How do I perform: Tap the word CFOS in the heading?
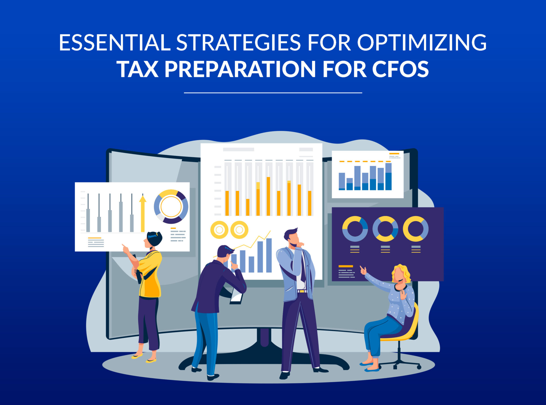point(400,69)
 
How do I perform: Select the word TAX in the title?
point(137,69)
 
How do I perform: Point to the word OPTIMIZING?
point(422,42)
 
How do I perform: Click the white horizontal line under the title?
point(273,93)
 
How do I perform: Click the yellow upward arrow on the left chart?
point(143,213)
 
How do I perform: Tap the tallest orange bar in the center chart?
point(268,196)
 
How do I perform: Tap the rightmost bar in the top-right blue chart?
point(388,177)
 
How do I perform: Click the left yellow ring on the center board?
point(219,230)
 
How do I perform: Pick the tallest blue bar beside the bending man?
point(269,255)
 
